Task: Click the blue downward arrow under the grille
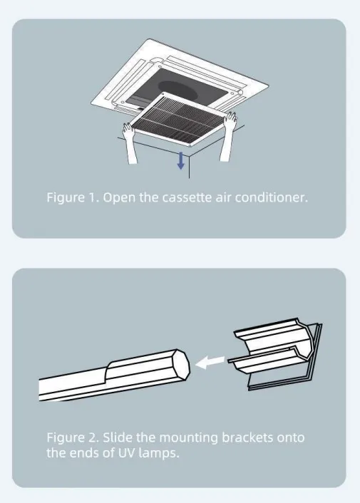tap(181, 160)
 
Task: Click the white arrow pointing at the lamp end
tap(210, 363)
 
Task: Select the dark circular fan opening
tap(178, 90)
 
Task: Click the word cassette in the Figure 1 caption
tap(187, 197)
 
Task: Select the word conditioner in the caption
tap(271, 197)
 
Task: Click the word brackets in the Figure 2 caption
tap(247, 437)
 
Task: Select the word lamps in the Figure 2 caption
tap(158, 454)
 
